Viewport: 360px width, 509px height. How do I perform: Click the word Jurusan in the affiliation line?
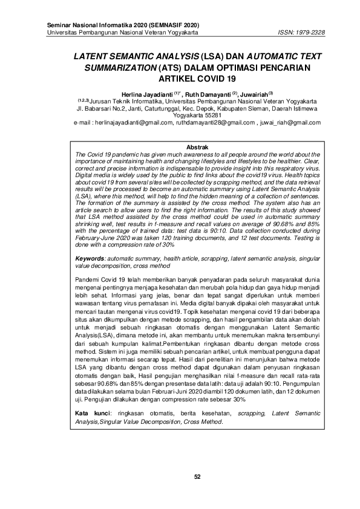[x=104, y=100]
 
